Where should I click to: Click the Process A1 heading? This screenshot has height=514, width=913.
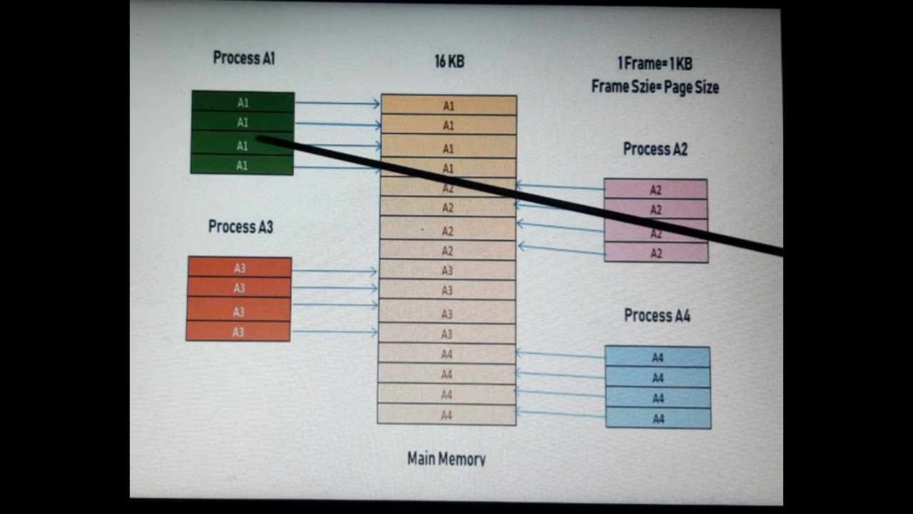click(x=244, y=59)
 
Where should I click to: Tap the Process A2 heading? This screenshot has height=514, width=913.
click(x=655, y=149)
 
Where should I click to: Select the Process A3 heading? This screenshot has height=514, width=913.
click(x=240, y=227)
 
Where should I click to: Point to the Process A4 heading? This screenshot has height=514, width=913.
click(x=657, y=316)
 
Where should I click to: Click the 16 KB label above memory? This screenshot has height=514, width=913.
click(x=449, y=62)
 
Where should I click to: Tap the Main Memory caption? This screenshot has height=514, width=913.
click(x=447, y=458)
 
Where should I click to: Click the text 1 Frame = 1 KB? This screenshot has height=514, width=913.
click(x=655, y=64)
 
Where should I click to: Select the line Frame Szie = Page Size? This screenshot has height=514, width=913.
click(x=655, y=88)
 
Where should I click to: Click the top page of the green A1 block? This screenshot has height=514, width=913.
click(x=243, y=102)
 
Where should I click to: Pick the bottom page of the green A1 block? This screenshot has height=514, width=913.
click(x=242, y=166)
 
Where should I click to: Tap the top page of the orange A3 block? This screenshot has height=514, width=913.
click(x=240, y=268)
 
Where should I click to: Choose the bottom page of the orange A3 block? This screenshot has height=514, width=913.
click(x=238, y=332)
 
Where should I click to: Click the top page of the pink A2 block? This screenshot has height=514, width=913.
click(x=656, y=189)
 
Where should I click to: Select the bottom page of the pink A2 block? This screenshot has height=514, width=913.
click(x=656, y=253)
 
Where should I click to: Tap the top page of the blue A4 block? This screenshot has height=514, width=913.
click(x=658, y=357)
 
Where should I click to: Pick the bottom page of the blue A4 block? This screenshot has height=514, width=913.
click(x=658, y=418)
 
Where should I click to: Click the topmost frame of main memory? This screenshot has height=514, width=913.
click(x=449, y=106)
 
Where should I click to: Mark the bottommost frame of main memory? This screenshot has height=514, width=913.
click(x=447, y=415)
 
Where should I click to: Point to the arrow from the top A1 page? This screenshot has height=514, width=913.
click(x=337, y=104)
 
